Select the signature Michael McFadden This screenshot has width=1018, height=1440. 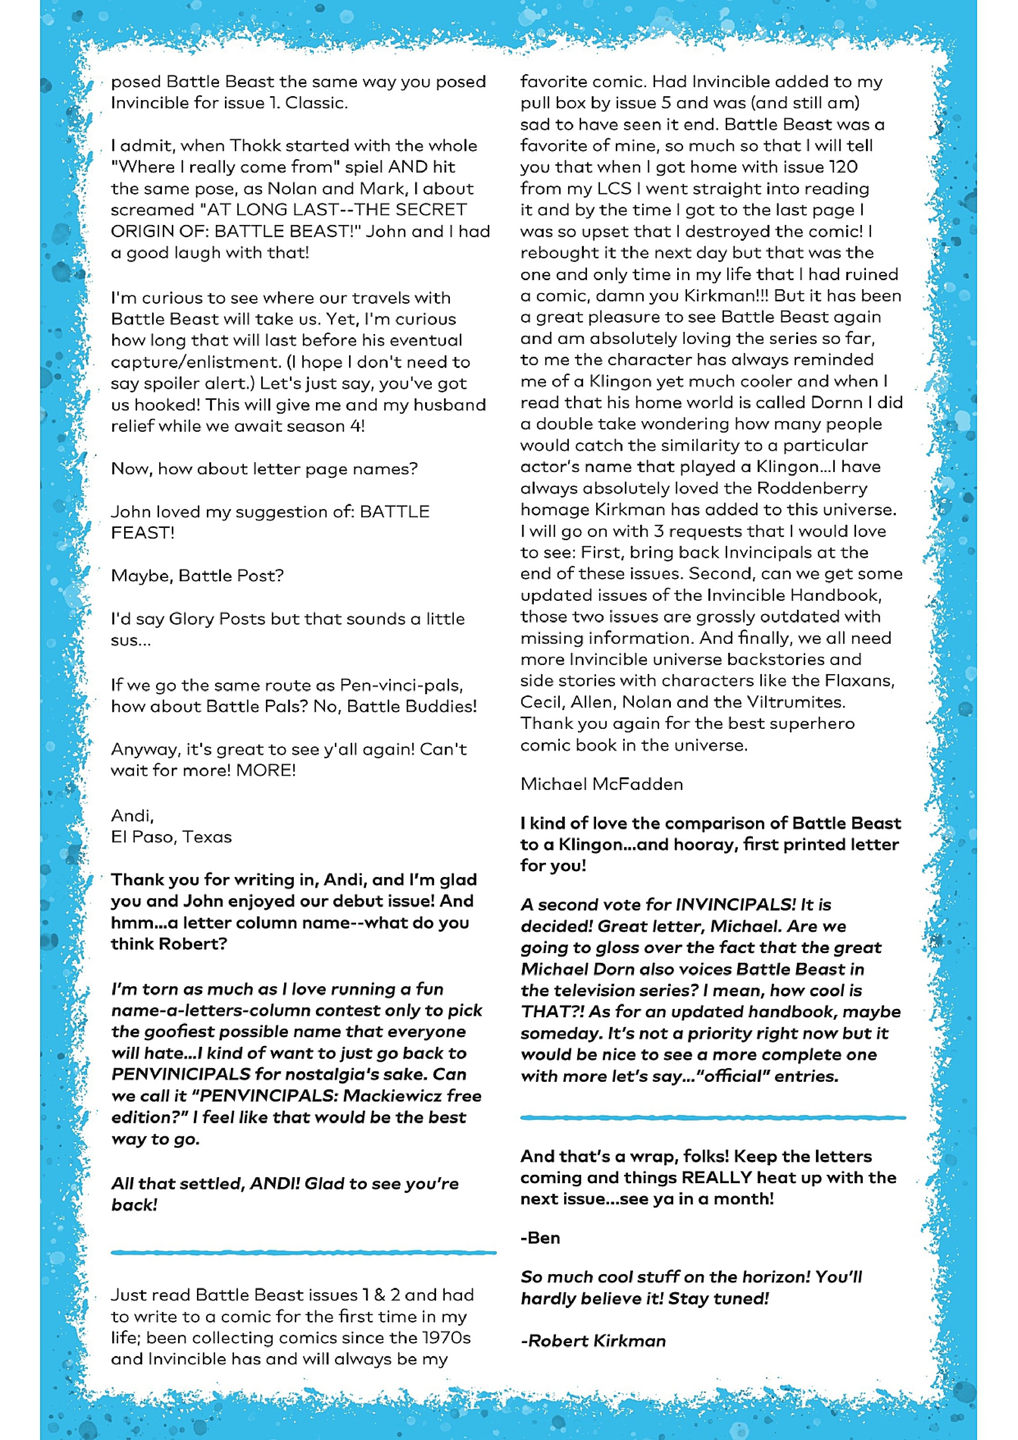tap(602, 784)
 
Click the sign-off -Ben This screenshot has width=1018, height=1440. tap(540, 1238)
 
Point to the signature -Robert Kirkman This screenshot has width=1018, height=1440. tap(593, 1341)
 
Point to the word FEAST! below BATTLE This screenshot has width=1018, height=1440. tap(142, 533)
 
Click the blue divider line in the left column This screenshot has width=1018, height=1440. tap(304, 1252)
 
